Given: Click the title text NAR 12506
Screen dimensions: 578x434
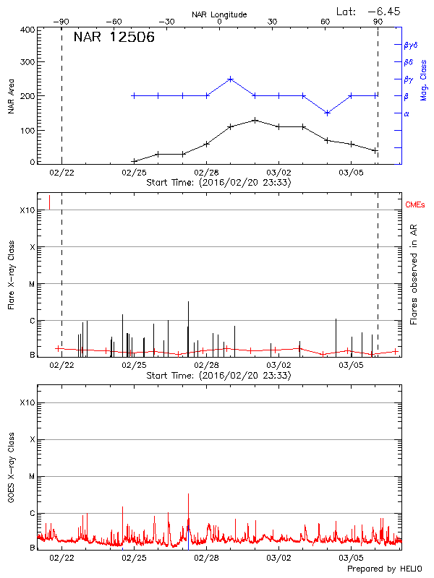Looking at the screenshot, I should tap(114, 38).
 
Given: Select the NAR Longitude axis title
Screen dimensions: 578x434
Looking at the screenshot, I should tap(219, 14).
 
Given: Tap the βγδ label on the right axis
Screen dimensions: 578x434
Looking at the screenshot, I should tap(410, 45).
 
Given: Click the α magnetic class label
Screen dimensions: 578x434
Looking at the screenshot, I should tap(406, 113).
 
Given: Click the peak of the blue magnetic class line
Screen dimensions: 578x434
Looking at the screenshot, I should tap(230, 79).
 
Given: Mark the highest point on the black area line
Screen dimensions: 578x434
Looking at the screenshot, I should tap(255, 120).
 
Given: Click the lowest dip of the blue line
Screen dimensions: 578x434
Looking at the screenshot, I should tap(327, 113).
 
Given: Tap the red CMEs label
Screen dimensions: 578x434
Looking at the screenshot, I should tap(416, 205).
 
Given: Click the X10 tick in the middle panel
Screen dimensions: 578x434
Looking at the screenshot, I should tap(27, 210).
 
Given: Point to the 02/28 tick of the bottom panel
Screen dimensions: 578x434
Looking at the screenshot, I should tap(206, 557).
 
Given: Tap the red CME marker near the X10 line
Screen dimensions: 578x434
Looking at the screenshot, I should tap(49, 202).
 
